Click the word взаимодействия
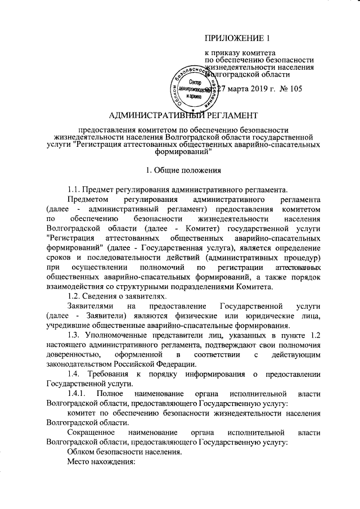click(x=76, y=287)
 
